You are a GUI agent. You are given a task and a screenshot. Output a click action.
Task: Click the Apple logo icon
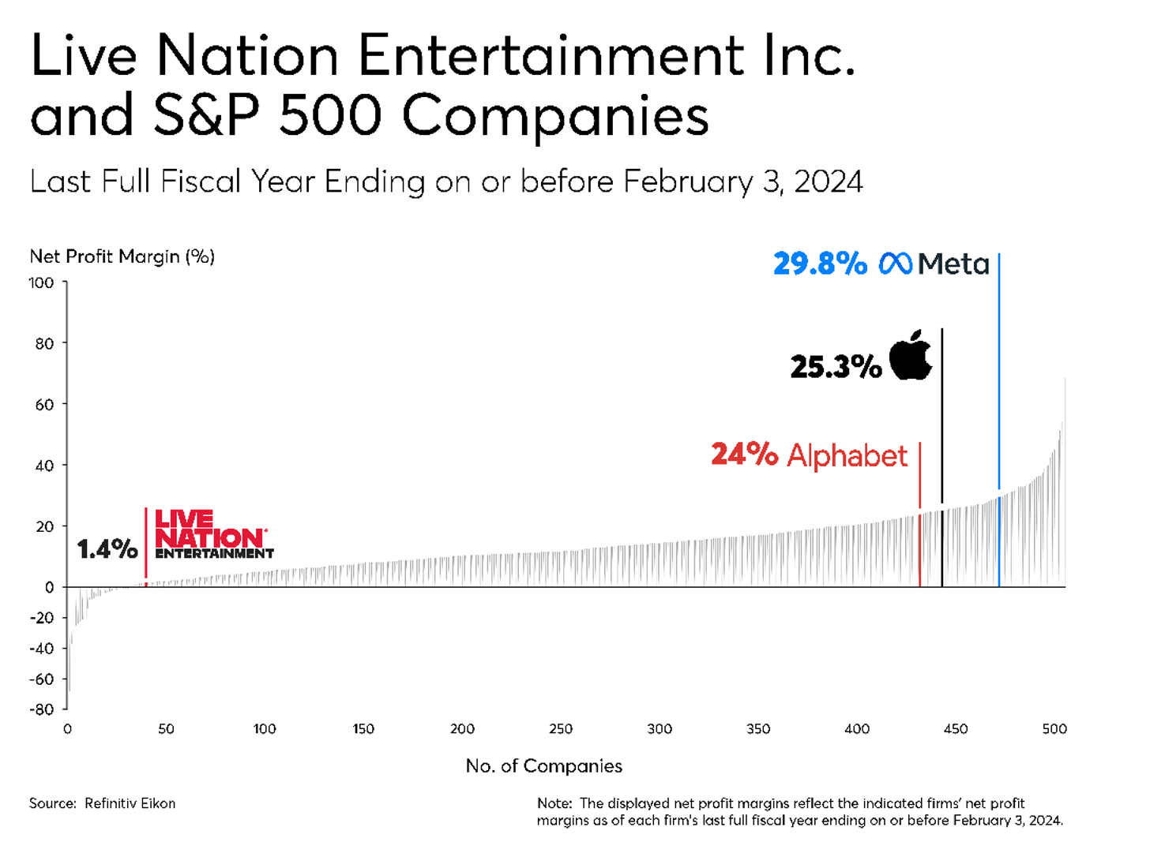coord(911,356)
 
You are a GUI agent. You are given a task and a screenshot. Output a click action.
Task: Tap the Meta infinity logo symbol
coord(896,264)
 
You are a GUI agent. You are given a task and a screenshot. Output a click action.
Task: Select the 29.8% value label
coord(820,264)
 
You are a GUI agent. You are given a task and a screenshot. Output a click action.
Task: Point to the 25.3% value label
coord(836,367)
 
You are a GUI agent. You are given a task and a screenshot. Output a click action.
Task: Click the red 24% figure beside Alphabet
coord(744,454)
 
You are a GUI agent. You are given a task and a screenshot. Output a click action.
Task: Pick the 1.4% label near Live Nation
coord(107,548)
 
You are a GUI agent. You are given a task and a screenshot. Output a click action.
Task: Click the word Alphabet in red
coord(847,456)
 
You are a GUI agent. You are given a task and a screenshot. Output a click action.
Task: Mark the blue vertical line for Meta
coord(999,379)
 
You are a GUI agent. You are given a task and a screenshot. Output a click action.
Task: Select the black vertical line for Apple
coord(942,418)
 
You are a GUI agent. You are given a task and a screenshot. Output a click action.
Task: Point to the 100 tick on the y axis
coord(42,282)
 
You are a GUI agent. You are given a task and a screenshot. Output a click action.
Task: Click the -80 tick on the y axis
coord(42,709)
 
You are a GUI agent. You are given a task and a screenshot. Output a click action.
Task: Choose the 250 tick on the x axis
coord(561,729)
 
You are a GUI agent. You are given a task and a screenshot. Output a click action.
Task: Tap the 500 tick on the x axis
coord(1054,729)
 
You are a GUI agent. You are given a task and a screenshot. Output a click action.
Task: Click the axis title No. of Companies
coord(544,766)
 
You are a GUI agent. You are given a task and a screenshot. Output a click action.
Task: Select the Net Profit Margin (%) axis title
coord(122,256)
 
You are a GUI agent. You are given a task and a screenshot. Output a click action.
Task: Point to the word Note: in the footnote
coord(554,803)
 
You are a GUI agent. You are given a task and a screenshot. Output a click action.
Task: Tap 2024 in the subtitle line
coord(829,181)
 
